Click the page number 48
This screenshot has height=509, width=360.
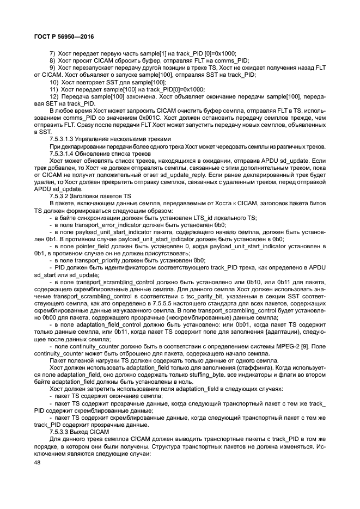[x=38, y=462]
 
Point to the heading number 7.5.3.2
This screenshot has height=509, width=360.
[x=60, y=195]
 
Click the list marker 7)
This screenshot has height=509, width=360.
[x=53, y=54]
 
